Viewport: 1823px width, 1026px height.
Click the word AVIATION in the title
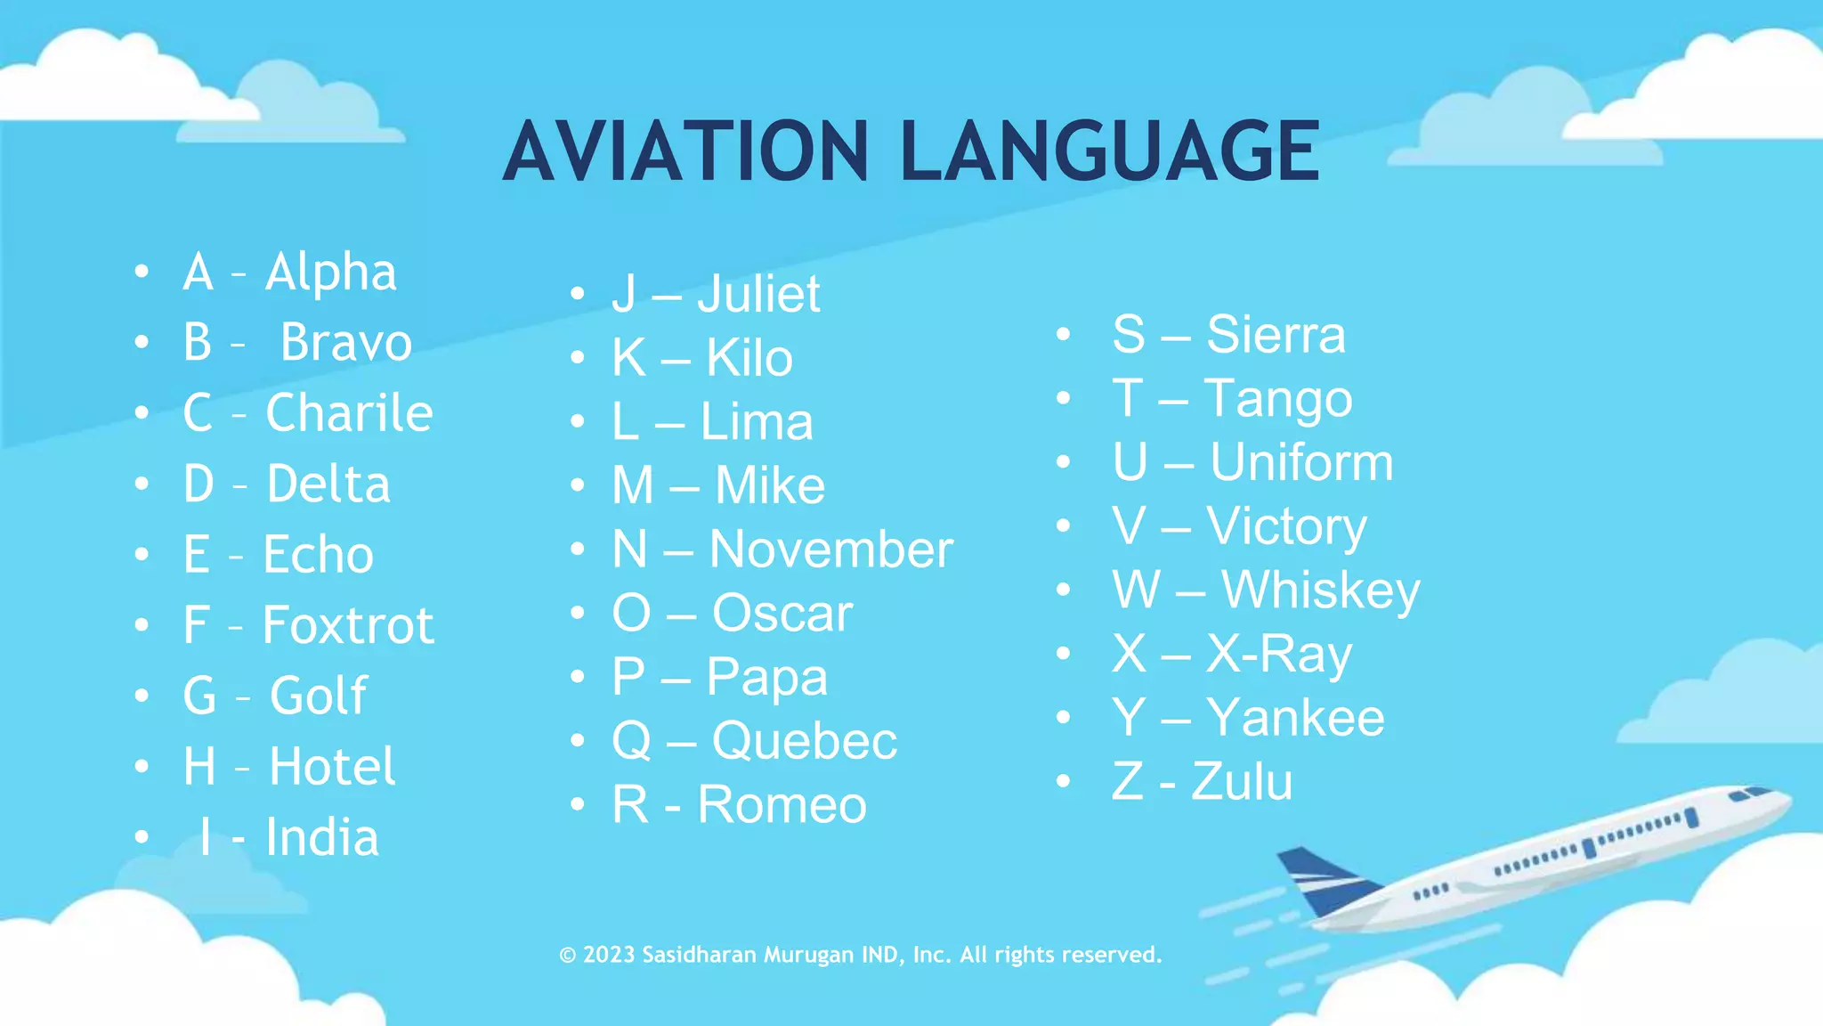(685, 151)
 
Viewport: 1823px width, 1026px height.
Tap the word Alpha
(330, 272)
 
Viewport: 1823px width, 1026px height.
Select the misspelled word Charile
(349, 412)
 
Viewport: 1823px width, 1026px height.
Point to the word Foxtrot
(348, 624)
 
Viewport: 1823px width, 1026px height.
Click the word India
(322, 837)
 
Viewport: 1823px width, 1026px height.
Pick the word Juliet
(758, 294)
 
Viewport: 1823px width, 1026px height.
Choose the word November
(830, 549)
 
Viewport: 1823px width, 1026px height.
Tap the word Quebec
(805, 740)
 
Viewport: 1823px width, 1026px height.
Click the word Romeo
(782, 804)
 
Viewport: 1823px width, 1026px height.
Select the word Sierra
(1276, 334)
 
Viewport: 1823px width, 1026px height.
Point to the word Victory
(1286, 525)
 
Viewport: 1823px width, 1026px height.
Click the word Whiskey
(1320, 590)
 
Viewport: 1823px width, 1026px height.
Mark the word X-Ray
(1279, 654)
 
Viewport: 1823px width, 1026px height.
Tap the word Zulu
(1242, 781)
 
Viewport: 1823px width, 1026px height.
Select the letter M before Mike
(633, 485)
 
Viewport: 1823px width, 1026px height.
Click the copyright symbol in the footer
(567, 955)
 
